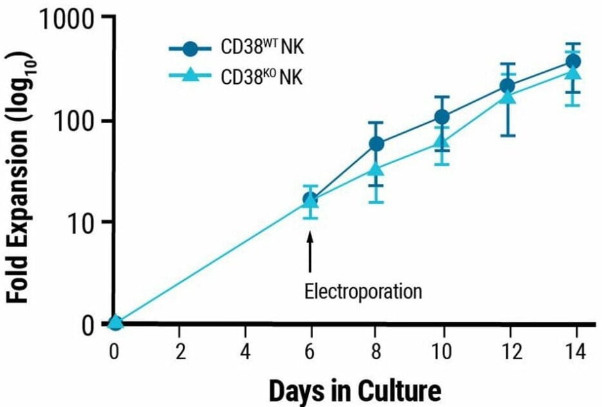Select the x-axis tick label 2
pos(180,352)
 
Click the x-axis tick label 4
pos(246,352)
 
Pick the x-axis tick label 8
pos(377,352)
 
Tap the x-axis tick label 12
pos(507,352)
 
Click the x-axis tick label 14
pos(574,352)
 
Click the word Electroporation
pos(363,292)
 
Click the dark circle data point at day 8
pos(377,144)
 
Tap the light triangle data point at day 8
pos(377,170)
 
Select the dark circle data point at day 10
pos(442,117)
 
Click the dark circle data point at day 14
pos(573,61)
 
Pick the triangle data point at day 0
pos(115,322)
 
